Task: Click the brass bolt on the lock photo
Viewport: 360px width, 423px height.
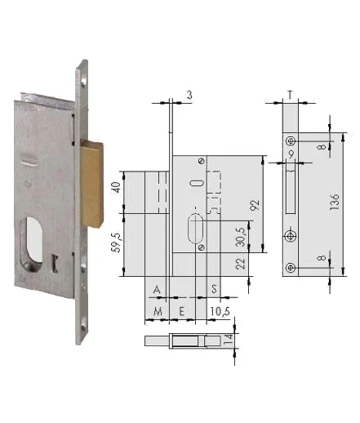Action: click(x=92, y=184)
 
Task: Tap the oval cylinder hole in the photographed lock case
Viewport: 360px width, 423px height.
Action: click(x=32, y=243)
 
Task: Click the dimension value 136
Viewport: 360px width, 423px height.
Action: click(x=335, y=202)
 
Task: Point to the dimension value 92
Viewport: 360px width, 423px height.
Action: click(x=255, y=205)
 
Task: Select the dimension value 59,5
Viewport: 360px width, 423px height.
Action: click(x=118, y=243)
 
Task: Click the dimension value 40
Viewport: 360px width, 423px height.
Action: click(x=117, y=187)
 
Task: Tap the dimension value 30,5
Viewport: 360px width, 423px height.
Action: click(x=241, y=237)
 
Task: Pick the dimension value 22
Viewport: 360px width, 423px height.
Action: click(x=241, y=264)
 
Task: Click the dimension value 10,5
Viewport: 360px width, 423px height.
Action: click(x=220, y=311)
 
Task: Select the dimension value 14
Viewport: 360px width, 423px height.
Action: click(x=228, y=340)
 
